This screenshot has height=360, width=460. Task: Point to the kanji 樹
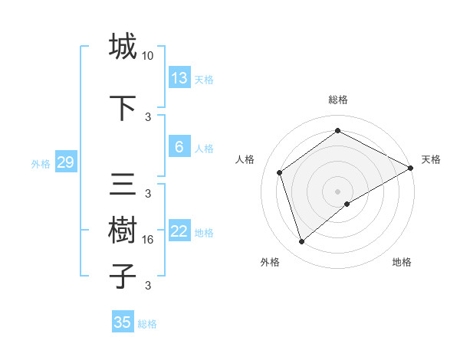pos(123,231)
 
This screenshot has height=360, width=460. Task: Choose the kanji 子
pos(123,276)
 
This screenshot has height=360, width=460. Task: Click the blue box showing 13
pos(179,78)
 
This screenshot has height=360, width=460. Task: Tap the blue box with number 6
pos(179,147)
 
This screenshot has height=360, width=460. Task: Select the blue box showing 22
pos(179,231)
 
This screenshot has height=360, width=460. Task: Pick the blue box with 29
pos(65,162)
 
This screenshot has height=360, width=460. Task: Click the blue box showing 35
pos(123,322)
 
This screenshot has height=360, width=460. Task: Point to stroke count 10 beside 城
pos(148,56)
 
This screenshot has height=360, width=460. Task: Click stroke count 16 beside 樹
pos(148,240)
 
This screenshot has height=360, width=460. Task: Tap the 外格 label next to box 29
pos(41,163)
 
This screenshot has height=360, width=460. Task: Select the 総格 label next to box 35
pos(147,323)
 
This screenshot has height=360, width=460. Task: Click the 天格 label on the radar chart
pos(431,159)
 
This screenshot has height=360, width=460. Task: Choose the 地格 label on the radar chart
pos(402,262)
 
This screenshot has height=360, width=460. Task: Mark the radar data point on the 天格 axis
pos(411,168)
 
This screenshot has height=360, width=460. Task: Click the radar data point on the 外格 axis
pos(302,242)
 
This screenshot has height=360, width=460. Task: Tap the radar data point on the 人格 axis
pos(280,172)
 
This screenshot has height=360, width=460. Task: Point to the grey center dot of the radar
pos(337,191)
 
